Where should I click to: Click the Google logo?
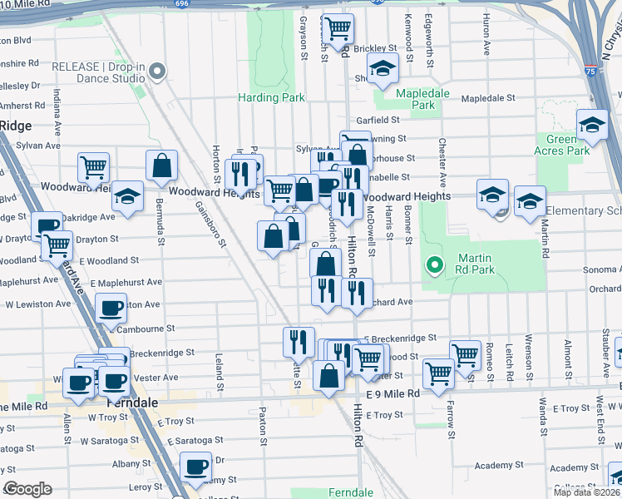point(27,489)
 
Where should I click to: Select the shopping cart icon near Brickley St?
point(338,28)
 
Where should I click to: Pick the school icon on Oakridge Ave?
point(127,197)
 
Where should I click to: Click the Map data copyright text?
point(586,492)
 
